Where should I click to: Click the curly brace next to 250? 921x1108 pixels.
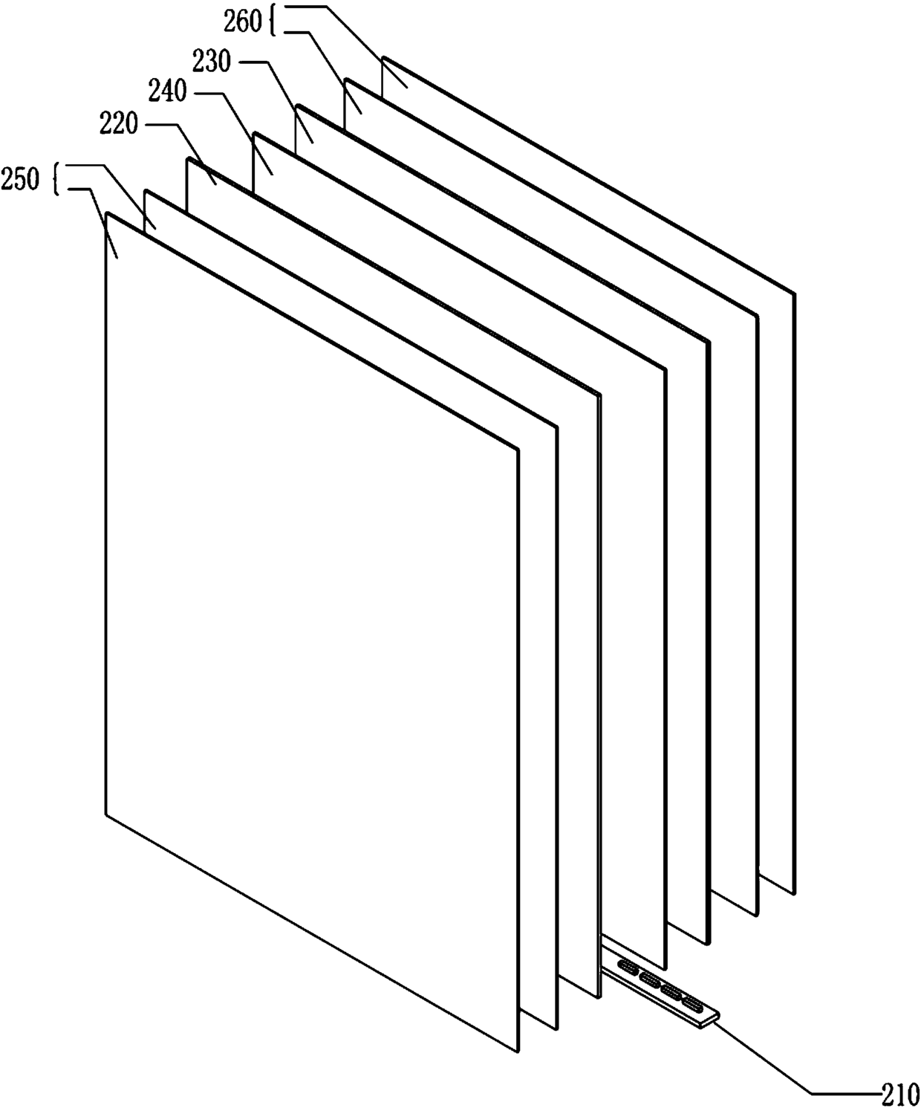57,179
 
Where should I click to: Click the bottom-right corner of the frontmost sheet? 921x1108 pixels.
517,1051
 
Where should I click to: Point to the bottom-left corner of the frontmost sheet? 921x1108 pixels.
106,815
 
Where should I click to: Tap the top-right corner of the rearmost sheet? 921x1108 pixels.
794,294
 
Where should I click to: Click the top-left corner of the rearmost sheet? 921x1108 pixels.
383,56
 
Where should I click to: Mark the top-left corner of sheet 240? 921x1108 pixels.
255,134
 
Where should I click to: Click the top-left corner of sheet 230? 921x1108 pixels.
296,106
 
